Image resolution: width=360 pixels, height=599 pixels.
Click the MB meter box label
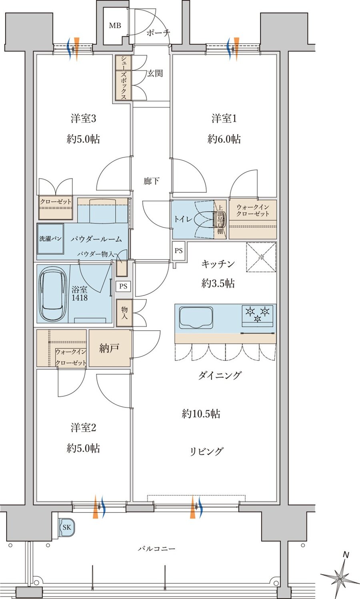pos(115,26)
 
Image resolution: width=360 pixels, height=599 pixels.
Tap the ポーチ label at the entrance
pos(158,33)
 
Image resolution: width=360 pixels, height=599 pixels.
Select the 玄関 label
pos(155,74)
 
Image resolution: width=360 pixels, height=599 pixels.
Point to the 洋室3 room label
pos(83,119)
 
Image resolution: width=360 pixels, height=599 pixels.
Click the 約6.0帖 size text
pos(224,139)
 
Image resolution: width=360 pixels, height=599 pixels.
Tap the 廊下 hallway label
pos(152,181)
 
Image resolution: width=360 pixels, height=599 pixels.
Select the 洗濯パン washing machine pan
pos(51,239)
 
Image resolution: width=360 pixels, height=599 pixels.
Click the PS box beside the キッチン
pos(179,251)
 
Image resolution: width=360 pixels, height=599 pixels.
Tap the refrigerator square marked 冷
pos(261,257)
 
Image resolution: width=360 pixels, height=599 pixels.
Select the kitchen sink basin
pos(196,316)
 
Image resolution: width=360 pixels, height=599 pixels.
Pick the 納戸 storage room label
pos(109,348)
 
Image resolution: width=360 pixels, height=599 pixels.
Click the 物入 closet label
pos(124,313)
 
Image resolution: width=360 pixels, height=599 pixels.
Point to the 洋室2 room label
pos(83,428)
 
